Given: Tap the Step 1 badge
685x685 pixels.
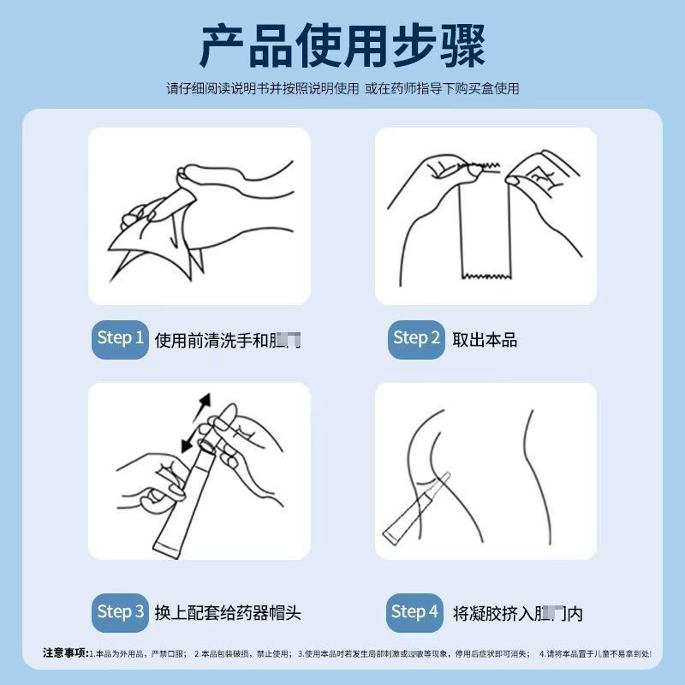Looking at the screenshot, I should pyautogui.click(x=120, y=338).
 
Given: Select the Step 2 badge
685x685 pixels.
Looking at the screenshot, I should pyautogui.click(x=416, y=338).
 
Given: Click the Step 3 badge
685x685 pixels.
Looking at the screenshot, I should pyautogui.click(x=120, y=612).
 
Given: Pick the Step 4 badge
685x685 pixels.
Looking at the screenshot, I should pyautogui.click(x=414, y=612).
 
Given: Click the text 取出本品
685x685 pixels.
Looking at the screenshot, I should pyautogui.click(x=485, y=340).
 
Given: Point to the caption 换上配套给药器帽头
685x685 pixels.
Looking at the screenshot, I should pyautogui.click(x=228, y=613).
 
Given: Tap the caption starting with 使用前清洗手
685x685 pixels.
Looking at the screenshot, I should pyautogui.click(x=227, y=340).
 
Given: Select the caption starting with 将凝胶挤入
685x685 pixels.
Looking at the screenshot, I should pyautogui.click(x=518, y=614).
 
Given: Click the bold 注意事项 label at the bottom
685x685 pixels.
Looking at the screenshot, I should pyautogui.click(x=65, y=653).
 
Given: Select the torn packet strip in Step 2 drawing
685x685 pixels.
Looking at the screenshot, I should pyautogui.click(x=485, y=223).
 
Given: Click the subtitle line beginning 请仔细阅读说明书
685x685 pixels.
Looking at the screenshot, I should pyautogui.click(x=342, y=88).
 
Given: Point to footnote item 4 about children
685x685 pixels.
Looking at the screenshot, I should pyautogui.click(x=595, y=654).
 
